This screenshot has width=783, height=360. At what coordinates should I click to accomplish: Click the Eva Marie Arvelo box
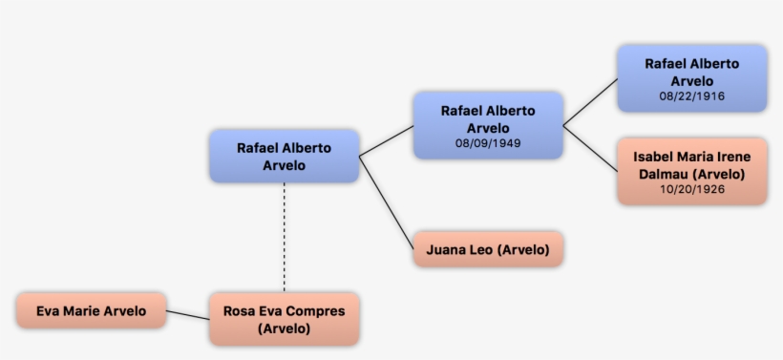pos(91,311)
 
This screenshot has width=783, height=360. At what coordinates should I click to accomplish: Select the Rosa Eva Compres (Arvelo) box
pos(284,319)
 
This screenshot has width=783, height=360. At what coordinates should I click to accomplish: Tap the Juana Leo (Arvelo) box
pos(488,250)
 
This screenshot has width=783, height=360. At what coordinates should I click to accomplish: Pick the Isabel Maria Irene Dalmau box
pos(692,171)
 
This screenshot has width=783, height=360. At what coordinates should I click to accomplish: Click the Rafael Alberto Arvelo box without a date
pos(284,156)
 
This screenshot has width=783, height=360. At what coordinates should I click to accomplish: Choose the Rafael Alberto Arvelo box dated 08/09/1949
pos(488,125)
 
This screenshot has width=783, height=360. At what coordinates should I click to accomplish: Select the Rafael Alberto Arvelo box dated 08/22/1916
pos(692,78)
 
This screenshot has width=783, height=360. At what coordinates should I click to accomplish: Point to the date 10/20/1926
pos(692,189)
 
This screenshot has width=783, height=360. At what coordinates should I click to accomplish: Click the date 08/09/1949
pos(488,143)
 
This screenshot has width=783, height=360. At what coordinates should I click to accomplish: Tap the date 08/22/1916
pos(692,96)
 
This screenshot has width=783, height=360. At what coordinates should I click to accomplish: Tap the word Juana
pos(445,250)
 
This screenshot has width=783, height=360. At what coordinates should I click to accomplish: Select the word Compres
pos(316,311)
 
